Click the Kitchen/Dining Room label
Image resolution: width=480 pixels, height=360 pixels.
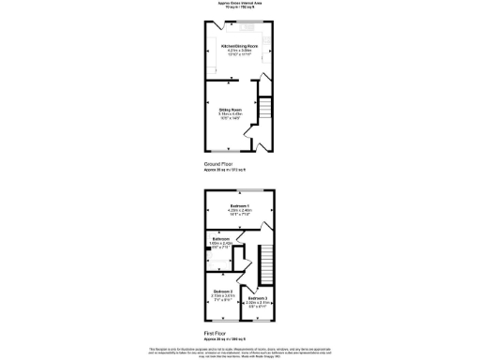239,45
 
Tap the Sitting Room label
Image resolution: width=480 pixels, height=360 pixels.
231,110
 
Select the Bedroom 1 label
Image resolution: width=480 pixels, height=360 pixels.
240,205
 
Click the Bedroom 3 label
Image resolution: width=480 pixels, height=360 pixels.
259,298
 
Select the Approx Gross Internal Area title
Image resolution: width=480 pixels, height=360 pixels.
239,3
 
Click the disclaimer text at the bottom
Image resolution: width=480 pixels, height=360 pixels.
240,351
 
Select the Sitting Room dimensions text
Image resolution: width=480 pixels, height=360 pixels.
231,116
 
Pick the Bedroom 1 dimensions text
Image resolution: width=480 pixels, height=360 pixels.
240,212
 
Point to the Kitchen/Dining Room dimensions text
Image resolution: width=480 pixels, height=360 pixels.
239,52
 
